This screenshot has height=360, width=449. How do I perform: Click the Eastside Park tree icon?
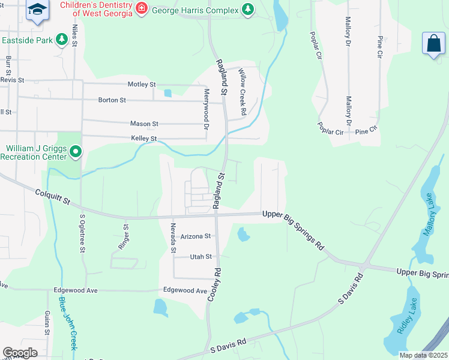(61, 40)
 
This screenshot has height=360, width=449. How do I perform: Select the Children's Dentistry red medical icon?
(141, 8)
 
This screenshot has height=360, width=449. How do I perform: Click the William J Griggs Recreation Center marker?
(75, 152)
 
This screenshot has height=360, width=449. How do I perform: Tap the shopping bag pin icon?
(434, 44)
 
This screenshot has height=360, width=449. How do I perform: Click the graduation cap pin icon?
(37, 10)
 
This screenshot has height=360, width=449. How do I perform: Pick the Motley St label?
(142, 85)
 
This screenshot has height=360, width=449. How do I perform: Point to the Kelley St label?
(143, 139)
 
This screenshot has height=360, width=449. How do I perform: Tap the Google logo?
(20, 353)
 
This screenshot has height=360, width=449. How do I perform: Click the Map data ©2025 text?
(423, 355)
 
